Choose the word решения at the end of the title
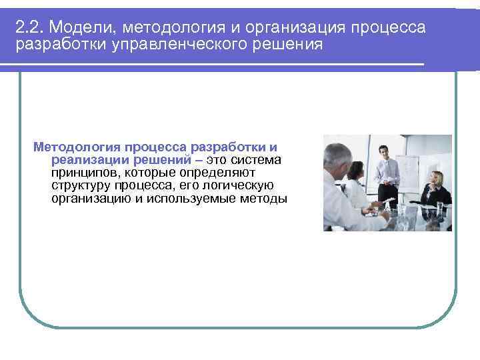click(288, 45)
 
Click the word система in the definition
click(257, 159)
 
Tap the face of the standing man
click(383, 151)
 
